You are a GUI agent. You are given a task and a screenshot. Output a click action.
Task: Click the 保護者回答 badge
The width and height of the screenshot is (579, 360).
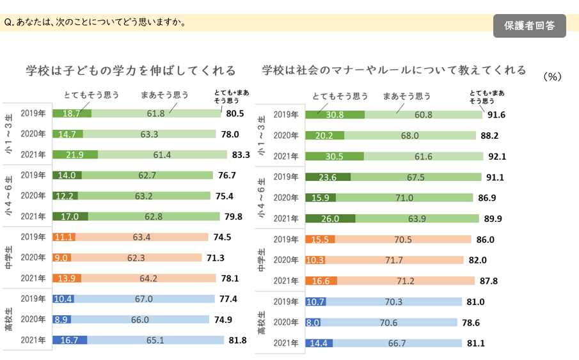click(x=529, y=26)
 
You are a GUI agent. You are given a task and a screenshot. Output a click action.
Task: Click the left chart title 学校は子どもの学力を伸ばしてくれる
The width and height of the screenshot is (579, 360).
click(x=131, y=70)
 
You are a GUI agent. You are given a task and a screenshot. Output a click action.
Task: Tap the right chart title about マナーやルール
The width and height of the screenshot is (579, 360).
click(x=394, y=70)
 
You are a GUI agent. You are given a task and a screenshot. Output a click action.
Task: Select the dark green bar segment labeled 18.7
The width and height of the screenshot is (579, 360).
click(x=72, y=113)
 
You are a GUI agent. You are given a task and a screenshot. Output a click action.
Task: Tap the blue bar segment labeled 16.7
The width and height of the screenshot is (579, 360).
click(x=69, y=340)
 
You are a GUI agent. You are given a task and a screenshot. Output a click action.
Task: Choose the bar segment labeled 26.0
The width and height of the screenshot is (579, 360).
click(x=329, y=219)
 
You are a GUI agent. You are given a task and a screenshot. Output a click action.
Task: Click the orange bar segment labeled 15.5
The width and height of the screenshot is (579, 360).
click(x=321, y=240)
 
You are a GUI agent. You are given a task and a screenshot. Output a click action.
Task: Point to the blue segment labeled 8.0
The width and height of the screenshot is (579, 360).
click(x=313, y=323)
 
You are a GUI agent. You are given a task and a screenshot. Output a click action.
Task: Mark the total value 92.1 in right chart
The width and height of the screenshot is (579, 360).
click(x=496, y=156)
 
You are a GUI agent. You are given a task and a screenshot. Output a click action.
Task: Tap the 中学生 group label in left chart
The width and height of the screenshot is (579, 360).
click(x=10, y=258)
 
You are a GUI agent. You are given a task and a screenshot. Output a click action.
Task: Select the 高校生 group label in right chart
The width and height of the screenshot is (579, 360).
click(x=262, y=323)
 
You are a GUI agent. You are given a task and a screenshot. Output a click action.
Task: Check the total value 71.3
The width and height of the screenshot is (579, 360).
click(x=214, y=258)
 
